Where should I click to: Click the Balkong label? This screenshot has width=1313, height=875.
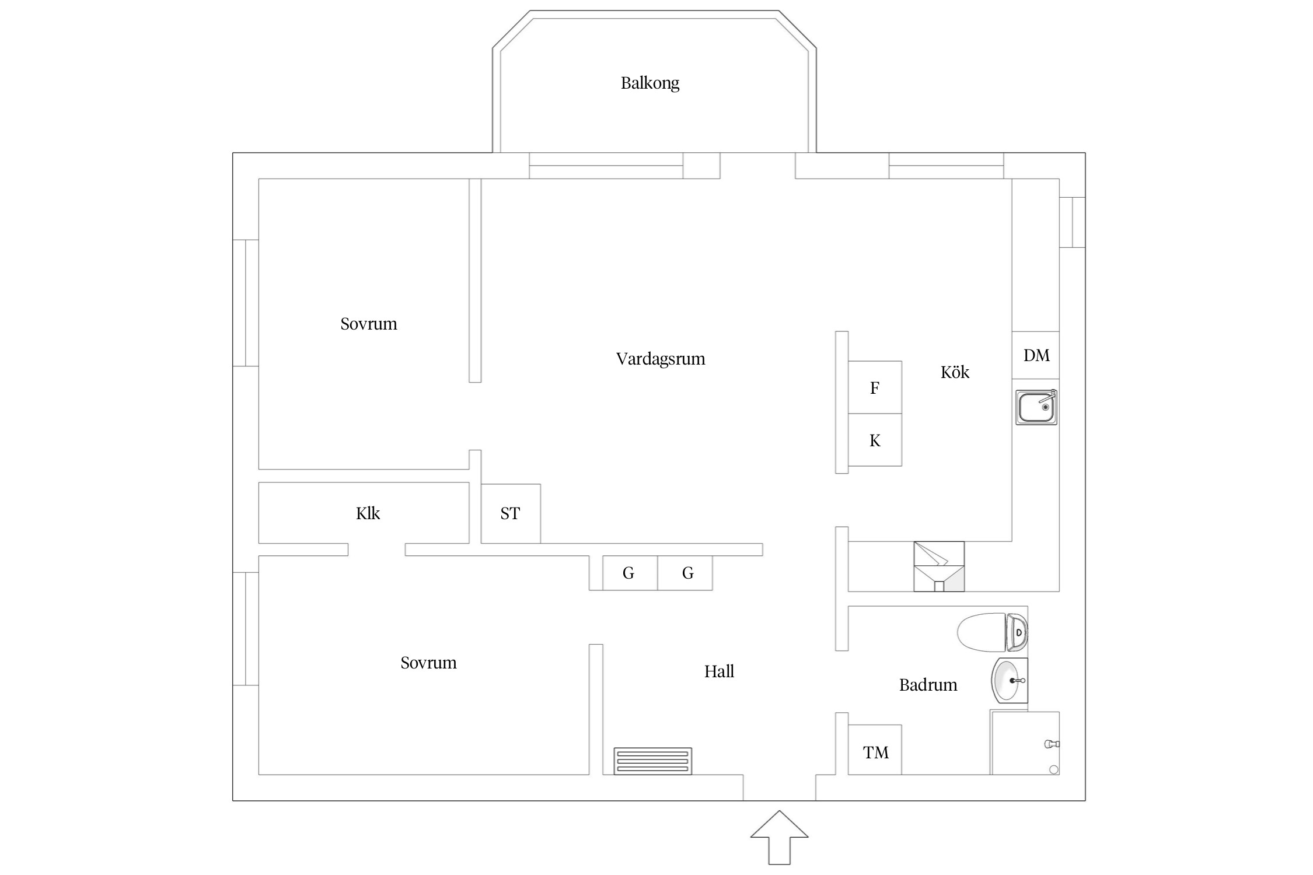click(649, 83)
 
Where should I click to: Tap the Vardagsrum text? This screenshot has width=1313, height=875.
click(660, 359)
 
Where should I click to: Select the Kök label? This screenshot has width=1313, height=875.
click(955, 372)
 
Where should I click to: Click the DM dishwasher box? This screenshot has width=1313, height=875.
click(1036, 355)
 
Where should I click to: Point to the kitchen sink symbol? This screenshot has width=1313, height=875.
click(1036, 407)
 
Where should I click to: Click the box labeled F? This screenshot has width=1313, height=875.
click(875, 388)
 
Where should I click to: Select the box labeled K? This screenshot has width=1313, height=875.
click(875, 440)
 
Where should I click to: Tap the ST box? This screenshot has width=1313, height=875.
click(510, 513)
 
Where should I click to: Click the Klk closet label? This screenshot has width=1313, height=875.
click(368, 513)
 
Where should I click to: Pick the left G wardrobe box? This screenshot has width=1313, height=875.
click(629, 573)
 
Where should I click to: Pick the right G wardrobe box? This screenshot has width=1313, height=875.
click(687, 573)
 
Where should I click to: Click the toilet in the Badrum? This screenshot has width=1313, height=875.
click(992, 632)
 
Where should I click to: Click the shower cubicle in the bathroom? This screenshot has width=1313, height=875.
click(1025, 743)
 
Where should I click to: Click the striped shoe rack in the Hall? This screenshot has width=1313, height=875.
click(652, 761)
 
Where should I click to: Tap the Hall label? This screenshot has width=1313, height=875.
click(719, 671)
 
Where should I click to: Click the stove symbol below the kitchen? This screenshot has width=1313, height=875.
click(938, 566)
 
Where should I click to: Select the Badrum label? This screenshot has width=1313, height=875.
click(928, 685)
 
